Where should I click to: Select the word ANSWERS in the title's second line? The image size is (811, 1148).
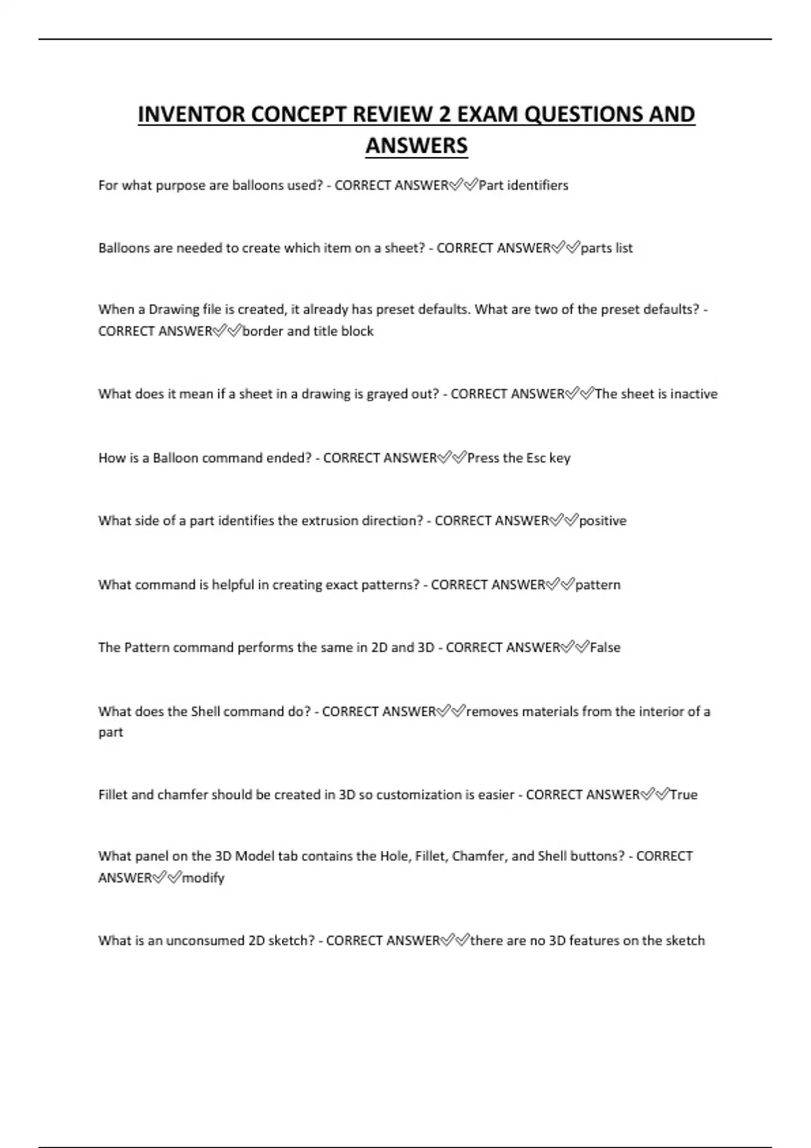[416, 145]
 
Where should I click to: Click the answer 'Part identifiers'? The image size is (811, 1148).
[523, 185]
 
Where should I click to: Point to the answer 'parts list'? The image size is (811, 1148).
[606, 248]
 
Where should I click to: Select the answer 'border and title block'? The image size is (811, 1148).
[308, 331]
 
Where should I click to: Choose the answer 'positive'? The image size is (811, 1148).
[602, 521]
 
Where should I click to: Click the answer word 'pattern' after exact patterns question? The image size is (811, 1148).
[597, 585]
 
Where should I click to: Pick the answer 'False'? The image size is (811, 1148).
[605, 647]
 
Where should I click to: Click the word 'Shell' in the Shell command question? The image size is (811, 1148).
[205, 711]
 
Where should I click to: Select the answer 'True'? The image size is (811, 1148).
[683, 795]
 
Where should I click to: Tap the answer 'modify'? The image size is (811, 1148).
[203, 878]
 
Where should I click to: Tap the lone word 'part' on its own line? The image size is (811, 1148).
[111, 733]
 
